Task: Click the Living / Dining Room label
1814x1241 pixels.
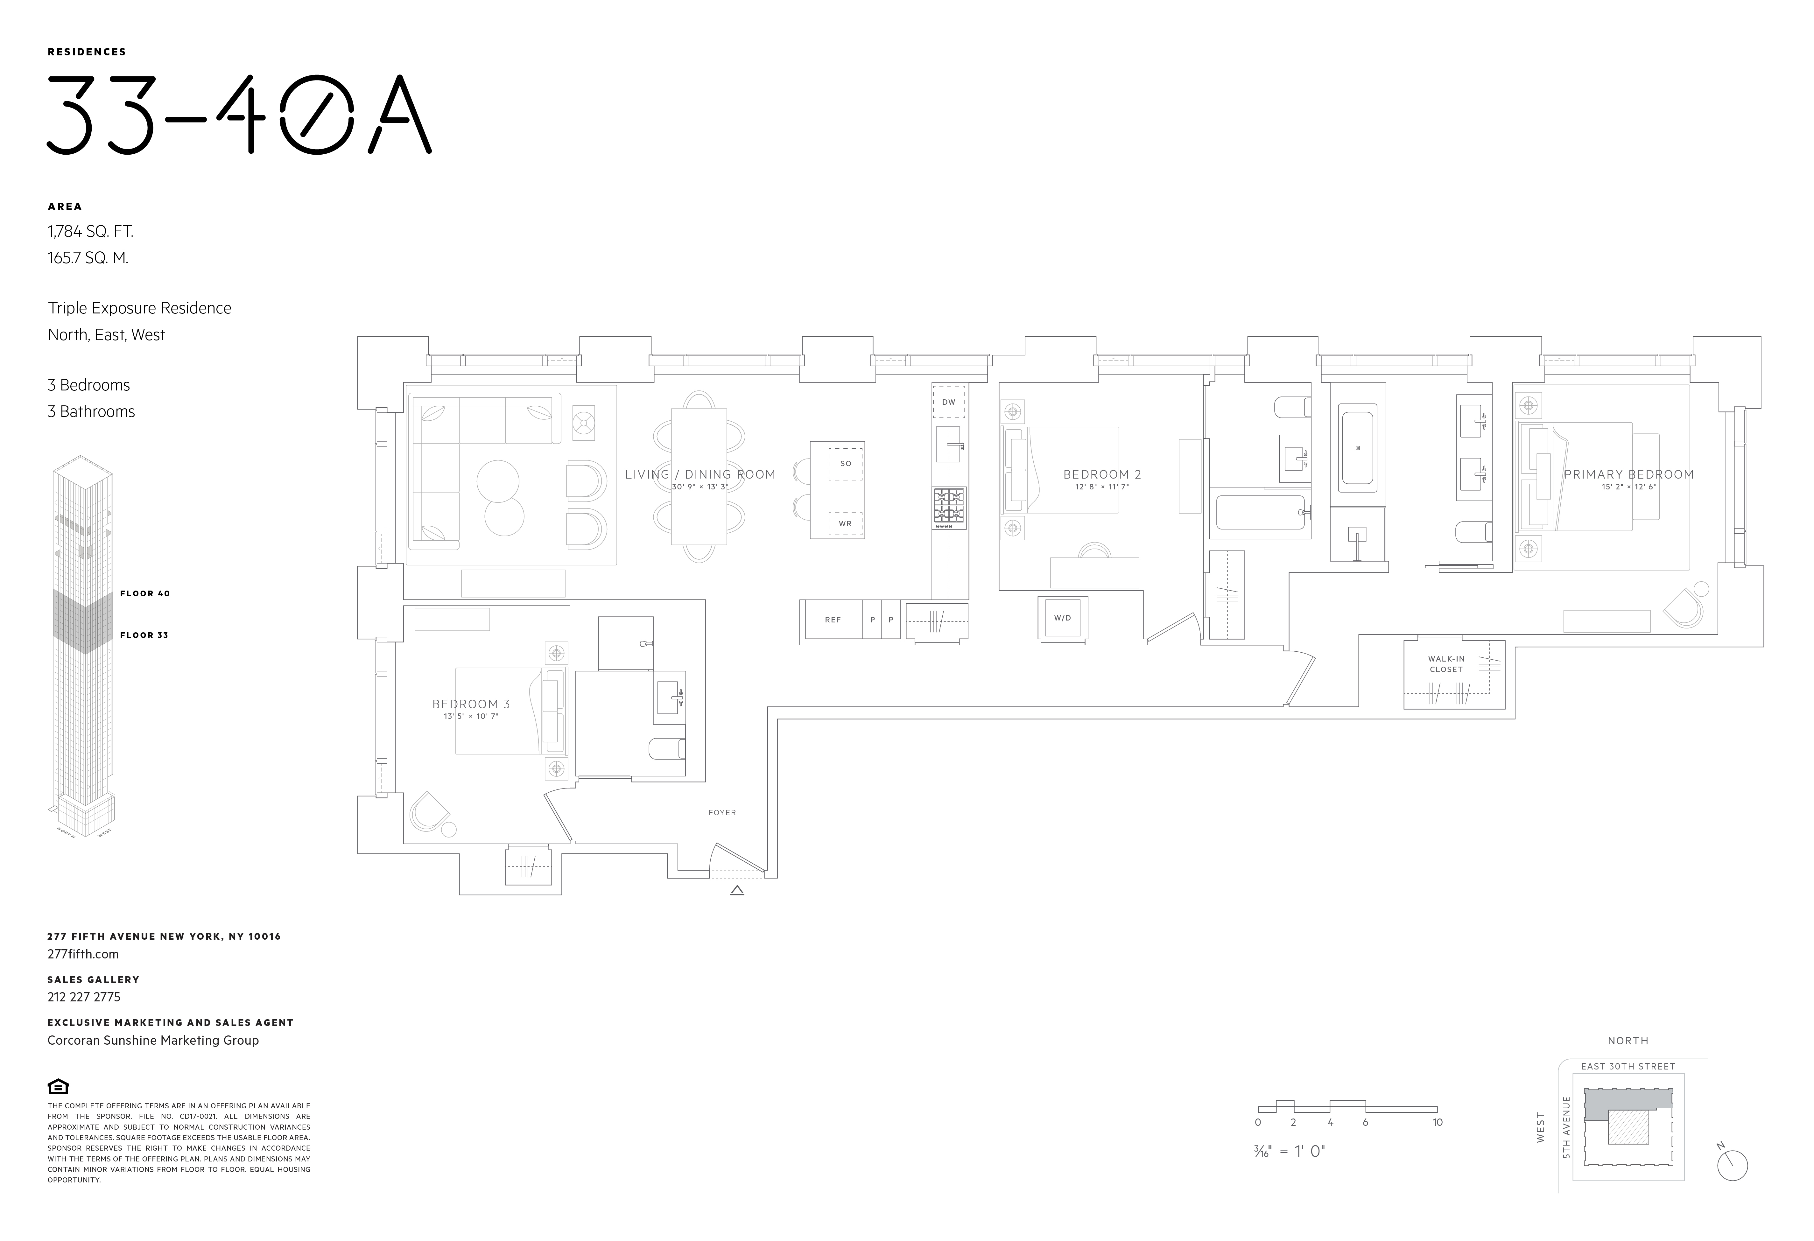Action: coord(700,474)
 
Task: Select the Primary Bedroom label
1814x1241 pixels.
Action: coord(1628,474)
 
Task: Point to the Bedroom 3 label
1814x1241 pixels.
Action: coord(471,704)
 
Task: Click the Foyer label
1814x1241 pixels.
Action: coord(722,812)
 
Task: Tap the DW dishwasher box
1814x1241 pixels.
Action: coord(948,402)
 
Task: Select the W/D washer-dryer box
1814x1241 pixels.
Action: coord(1062,618)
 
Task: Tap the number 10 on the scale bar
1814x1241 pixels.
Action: coord(1437,1122)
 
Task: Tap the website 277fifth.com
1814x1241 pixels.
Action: coord(83,954)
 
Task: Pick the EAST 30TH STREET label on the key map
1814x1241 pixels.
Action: coord(1628,1066)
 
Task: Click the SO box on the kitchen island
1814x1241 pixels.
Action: coord(845,464)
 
